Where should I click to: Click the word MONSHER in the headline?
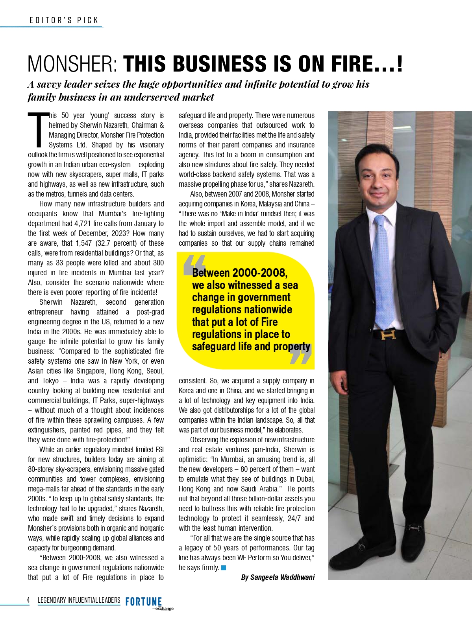(73, 64)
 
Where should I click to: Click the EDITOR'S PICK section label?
(64, 20)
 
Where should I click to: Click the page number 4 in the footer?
(28, 600)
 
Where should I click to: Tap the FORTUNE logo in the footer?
(144, 602)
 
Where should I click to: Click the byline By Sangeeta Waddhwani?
(278, 577)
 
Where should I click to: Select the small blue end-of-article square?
(224, 567)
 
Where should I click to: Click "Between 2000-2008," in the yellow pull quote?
(240, 273)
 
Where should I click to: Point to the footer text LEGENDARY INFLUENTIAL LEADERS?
(79, 600)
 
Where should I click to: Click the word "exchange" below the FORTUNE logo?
(164, 609)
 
